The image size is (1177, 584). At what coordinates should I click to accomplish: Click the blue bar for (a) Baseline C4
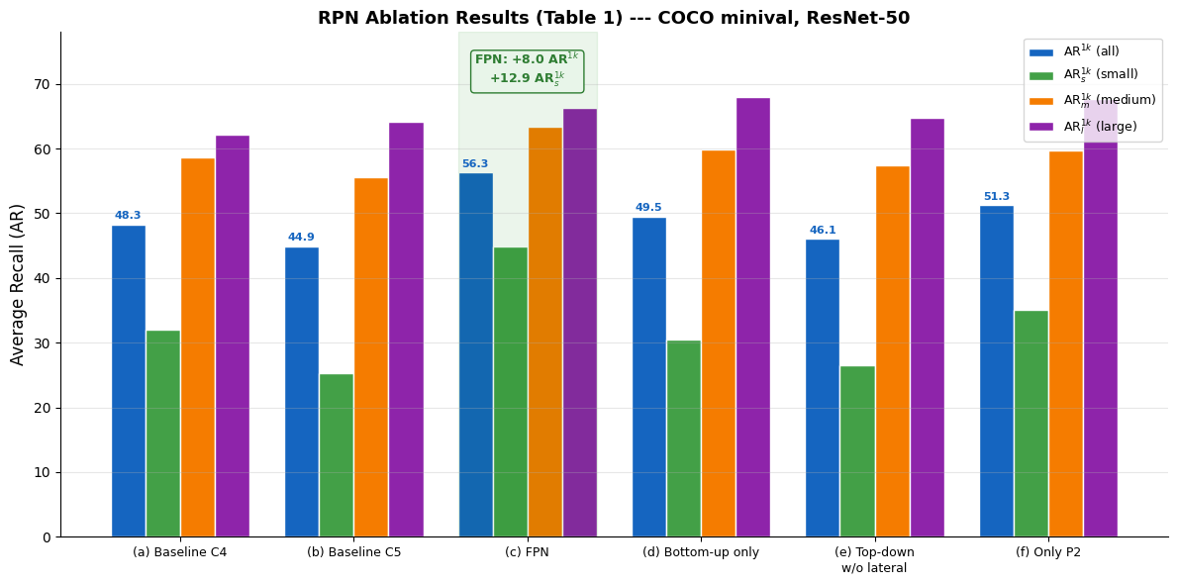click(x=129, y=381)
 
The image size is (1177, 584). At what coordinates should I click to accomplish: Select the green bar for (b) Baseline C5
click(x=337, y=455)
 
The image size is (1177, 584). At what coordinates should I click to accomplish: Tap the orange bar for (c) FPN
click(x=545, y=333)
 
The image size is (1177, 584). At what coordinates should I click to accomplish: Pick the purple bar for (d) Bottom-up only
click(x=753, y=317)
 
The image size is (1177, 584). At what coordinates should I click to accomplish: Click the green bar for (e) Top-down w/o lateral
click(x=857, y=451)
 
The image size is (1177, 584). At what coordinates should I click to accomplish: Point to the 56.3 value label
click(x=475, y=164)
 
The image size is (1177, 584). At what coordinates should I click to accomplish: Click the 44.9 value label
click(x=301, y=238)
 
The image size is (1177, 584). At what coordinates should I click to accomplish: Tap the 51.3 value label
click(x=997, y=197)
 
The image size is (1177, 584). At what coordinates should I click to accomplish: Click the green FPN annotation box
click(x=527, y=71)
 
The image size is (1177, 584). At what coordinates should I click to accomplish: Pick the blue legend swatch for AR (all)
click(x=1041, y=51)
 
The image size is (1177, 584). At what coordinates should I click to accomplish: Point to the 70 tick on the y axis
click(x=43, y=85)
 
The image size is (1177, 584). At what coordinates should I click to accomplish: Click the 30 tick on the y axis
click(x=43, y=343)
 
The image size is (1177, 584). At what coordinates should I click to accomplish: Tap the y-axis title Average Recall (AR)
click(x=18, y=284)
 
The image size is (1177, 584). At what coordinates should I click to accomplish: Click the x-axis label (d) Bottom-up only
click(x=701, y=552)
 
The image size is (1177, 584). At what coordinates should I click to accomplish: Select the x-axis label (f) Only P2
click(x=1048, y=552)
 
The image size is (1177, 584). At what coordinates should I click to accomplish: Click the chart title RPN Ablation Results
click(x=614, y=18)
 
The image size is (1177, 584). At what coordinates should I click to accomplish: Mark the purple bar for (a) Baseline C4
click(x=233, y=337)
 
